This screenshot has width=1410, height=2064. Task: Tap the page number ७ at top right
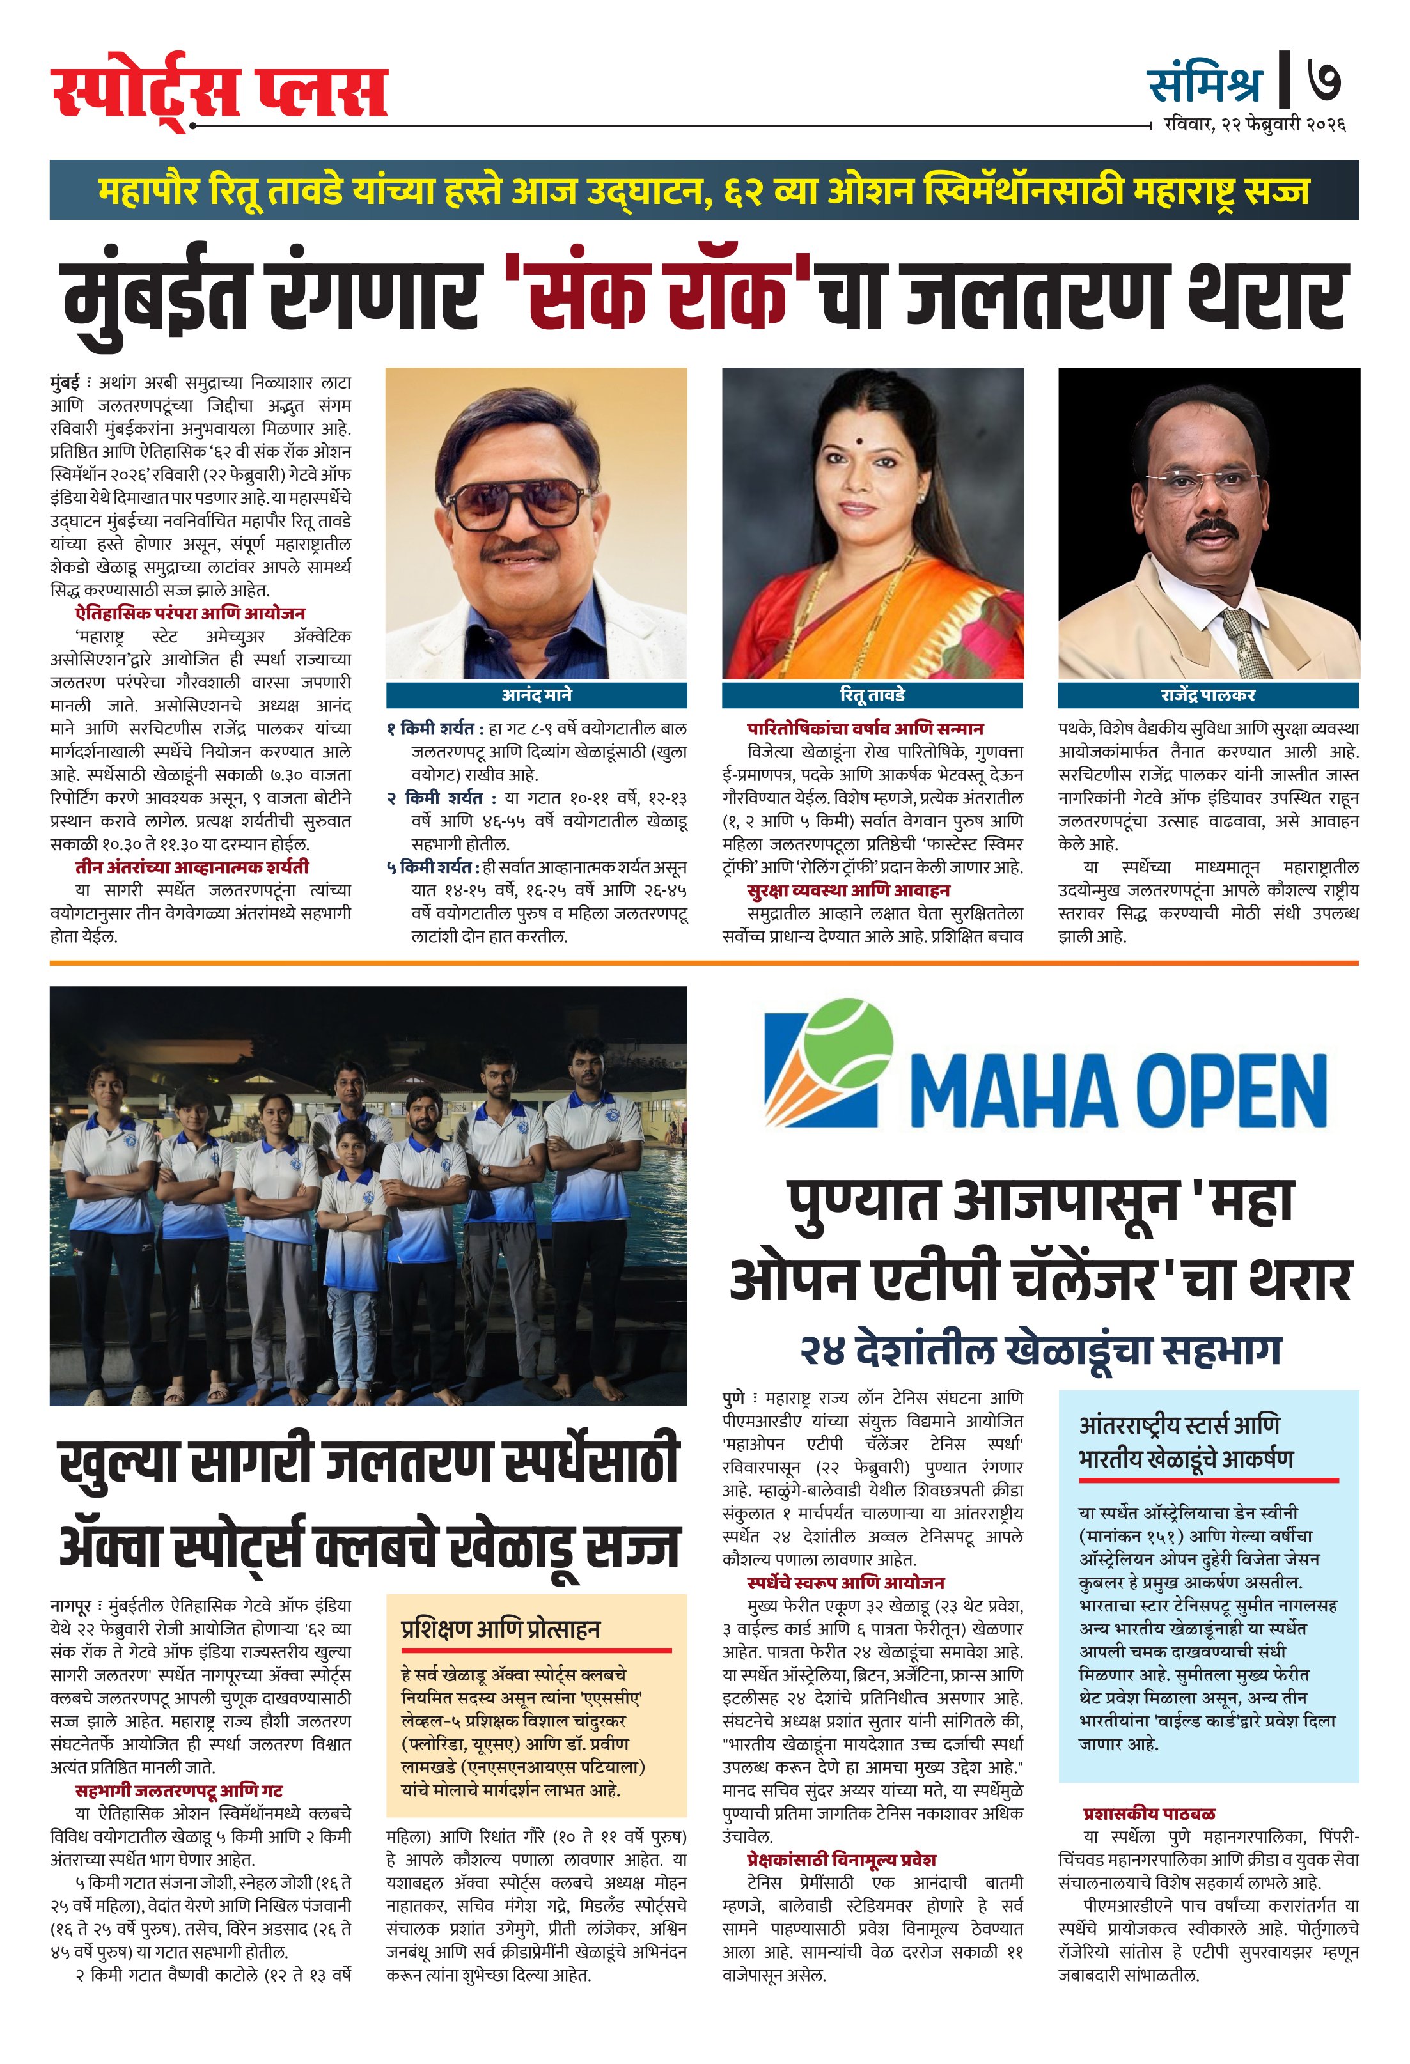pyautogui.click(x=1323, y=80)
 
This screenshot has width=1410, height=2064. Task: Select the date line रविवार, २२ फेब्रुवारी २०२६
pyautogui.click(x=1255, y=125)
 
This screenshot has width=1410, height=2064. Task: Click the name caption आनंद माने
pyautogui.click(x=536, y=695)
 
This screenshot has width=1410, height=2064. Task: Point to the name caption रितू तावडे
pyautogui.click(x=872, y=695)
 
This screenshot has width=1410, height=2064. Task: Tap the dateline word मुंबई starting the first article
pyautogui.click(x=65, y=383)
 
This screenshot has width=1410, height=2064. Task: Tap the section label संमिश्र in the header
pyautogui.click(x=1204, y=84)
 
